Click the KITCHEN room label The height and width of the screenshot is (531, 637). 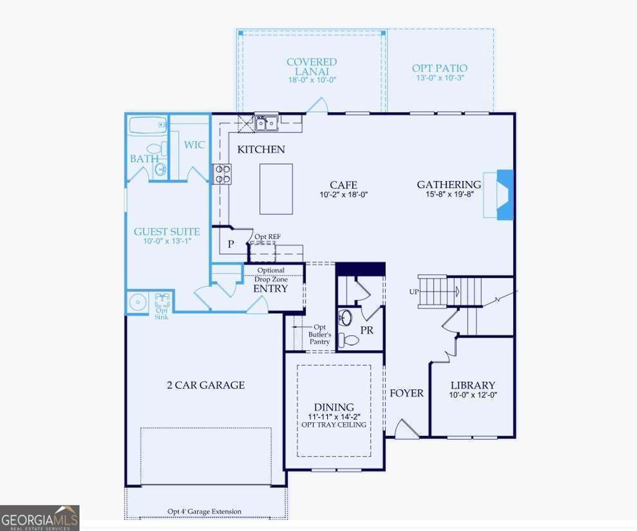coord(261,149)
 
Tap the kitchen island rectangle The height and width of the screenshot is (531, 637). coord(276,189)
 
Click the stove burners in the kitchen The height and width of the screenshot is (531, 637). coord(222,173)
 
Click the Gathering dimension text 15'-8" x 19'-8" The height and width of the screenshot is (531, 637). coord(449,195)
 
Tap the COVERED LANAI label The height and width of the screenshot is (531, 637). coord(312,67)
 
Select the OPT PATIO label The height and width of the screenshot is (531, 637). coord(439,68)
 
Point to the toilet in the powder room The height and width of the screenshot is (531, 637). coord(351,340)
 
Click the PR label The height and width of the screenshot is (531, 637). coord(367,330)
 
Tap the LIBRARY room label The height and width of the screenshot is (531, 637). coord(473,386)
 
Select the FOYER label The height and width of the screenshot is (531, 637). coord(407,393)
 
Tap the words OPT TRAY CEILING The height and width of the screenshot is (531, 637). coord(334,425)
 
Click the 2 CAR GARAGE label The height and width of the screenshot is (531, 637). coord(206,385)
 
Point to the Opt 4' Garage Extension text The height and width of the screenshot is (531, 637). coord(204,512)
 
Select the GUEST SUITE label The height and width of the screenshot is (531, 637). coord(167,232)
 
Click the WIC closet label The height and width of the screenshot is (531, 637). coord(194,145)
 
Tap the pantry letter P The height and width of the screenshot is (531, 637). coord(230,244)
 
